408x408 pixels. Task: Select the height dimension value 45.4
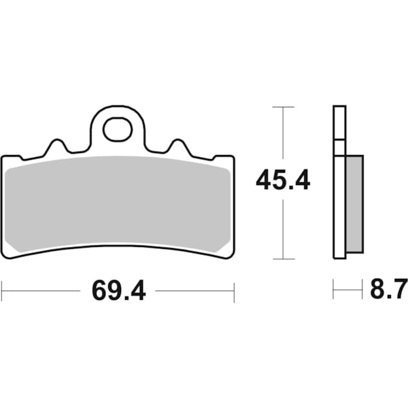point(283,182)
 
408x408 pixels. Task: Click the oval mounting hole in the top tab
point(117,130)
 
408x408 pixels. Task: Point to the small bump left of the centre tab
point(56,146)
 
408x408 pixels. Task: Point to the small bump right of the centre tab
point(179,146)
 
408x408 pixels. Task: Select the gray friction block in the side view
point(354,203)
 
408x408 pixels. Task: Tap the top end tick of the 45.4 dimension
point(283,107)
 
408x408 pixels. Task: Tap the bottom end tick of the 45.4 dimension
point(283,259)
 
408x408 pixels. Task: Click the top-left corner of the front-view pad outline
point(3,157)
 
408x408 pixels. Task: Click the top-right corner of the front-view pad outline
point(233,157)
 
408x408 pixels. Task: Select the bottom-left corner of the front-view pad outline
point(5,256)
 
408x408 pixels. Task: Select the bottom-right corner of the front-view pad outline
point(232,256)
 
